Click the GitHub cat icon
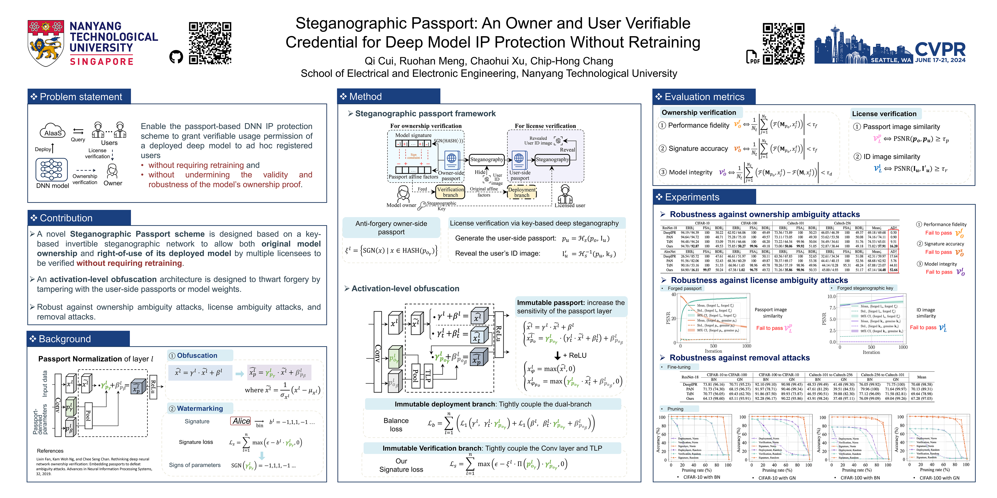(x=176, y=57)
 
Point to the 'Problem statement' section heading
(x=80, y=97)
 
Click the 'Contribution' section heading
(x=66, y=218)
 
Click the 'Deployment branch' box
(x=522, y=192)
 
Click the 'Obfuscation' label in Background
(x=197, y=355)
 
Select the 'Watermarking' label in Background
(x=200, y=408)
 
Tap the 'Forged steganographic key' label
(x=865, y=288)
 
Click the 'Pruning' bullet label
(x=675, y=409)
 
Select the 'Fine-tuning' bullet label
(x=678, y=367)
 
